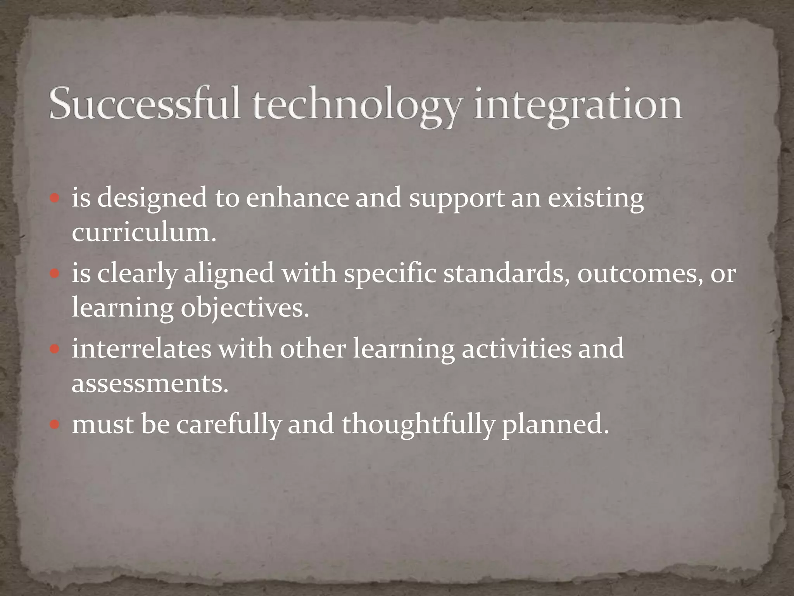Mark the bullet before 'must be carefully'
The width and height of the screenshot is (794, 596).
[x=55, y=424]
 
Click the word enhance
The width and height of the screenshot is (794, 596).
[x=297, y=198]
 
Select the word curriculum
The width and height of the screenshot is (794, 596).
[x=144, y=233]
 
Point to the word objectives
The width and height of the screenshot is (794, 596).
[x=245, y=309]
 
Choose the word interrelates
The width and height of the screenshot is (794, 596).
[x=142, y=348]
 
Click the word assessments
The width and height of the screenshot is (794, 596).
[x=150, y=384]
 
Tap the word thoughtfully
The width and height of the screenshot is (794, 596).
[x=418, y=424]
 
